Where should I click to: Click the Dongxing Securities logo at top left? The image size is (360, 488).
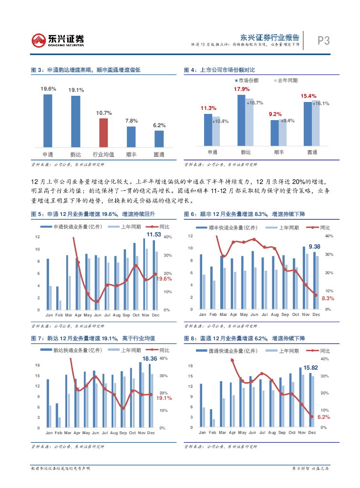tap(58, 41)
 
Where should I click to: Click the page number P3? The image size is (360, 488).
tap(324, 41)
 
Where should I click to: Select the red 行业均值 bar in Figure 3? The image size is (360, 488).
tap(104, 132)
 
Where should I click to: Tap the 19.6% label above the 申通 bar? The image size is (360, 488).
tap(48, 89)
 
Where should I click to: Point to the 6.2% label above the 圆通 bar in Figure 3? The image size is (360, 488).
tap(159, 125)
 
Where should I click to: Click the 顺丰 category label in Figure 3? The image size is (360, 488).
tap(131, 154)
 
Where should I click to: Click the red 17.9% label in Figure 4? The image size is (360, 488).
tap(242, 90)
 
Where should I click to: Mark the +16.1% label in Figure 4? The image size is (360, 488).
tap(321, 103)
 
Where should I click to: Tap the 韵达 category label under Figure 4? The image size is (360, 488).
tap(246, 152)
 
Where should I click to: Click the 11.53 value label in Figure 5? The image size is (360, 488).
tap(153, 234)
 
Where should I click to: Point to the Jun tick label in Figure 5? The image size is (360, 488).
tap(97, 315)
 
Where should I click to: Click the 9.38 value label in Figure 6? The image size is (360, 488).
tap(314, 246)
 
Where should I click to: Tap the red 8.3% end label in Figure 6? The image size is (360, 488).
tap(328, 298)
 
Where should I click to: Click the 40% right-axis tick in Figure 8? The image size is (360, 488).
tap(325, 359)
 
